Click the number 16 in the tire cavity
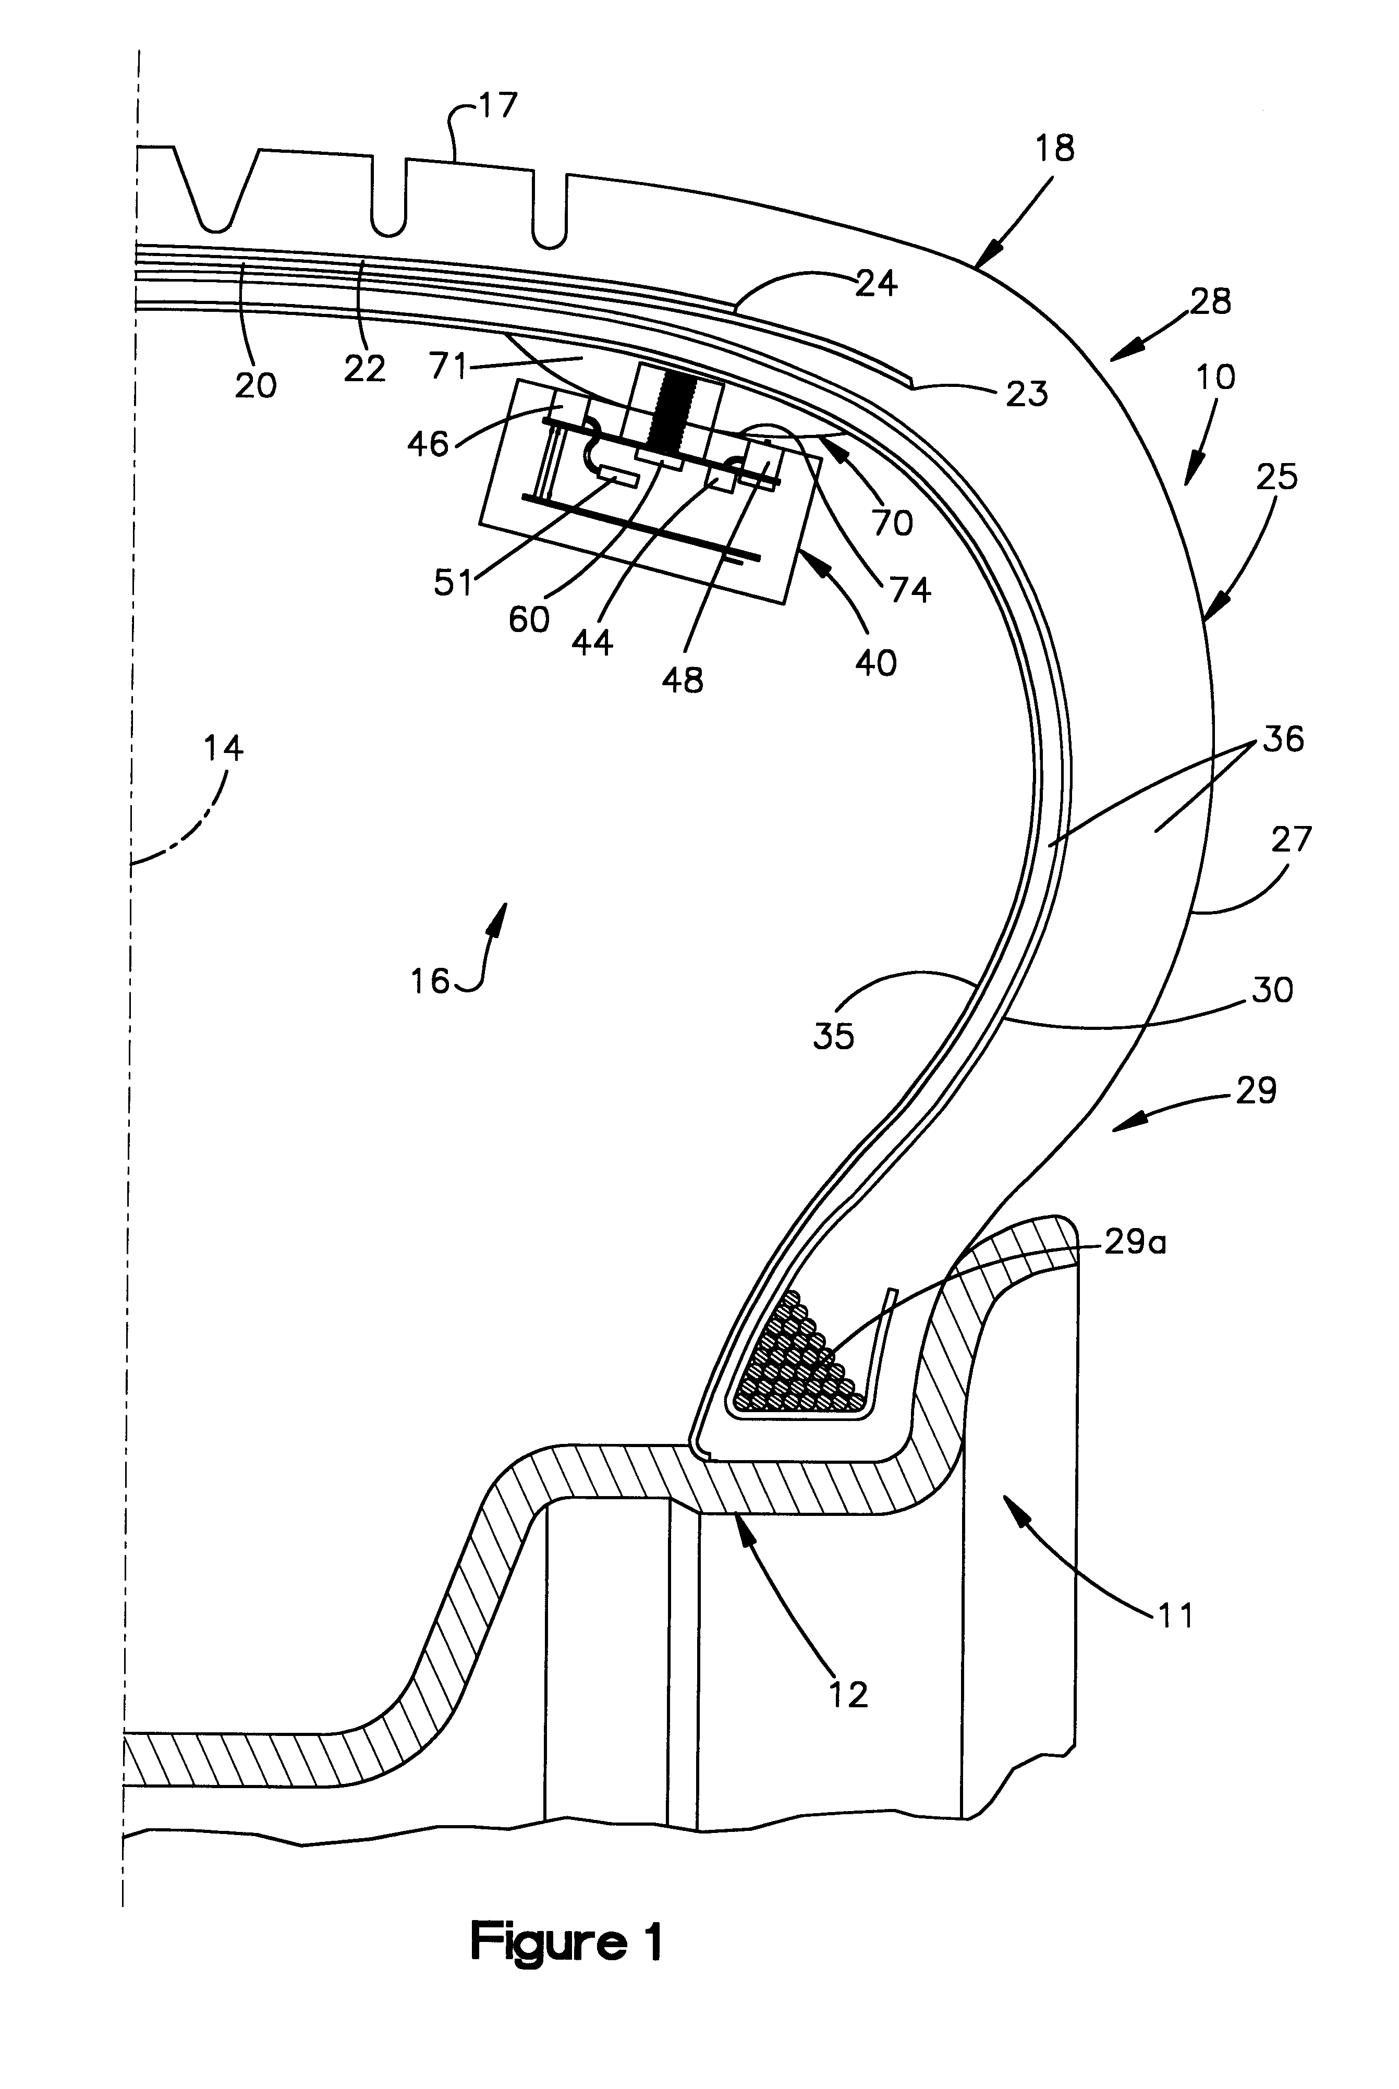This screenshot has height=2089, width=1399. click(x=430, y=981)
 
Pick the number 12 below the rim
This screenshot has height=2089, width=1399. click(x=848, y=1694)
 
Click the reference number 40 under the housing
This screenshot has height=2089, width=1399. click(x=875, y=662)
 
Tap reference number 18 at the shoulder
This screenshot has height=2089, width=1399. click(x=1055, y=148)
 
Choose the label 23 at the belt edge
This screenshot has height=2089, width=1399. click(x=1026, y=393)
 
